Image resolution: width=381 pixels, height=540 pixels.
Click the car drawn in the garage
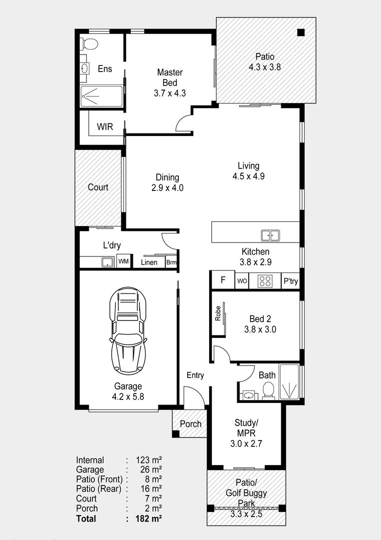point(128,330)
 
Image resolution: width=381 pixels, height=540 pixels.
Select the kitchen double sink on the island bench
point(270,235)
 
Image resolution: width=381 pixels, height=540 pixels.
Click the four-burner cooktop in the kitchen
point(265,281)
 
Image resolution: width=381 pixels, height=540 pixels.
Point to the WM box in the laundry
point(123,261)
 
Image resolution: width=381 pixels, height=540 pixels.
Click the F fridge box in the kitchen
point(223,279)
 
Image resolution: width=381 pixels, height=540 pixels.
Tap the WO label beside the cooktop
point(242,281)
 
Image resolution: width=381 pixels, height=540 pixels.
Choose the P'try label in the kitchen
point(291,281)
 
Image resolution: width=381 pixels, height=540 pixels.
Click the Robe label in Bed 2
point(218,313)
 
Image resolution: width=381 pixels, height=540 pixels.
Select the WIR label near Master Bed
point(105,126)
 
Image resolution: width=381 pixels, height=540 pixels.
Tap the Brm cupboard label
point(171,262)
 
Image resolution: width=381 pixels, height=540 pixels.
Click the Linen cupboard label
point(149,262)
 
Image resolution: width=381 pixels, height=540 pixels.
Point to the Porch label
point(191,424)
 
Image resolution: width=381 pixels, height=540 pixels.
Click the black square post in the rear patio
point(301,32)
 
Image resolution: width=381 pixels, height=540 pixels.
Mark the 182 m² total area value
point(149,518)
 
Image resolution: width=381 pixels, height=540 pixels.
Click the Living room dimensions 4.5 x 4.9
point(248,176)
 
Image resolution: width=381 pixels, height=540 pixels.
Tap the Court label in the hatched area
point(98,187)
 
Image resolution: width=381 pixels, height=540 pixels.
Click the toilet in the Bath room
point(268,391)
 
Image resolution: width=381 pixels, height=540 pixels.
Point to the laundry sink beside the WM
point(108,262)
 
